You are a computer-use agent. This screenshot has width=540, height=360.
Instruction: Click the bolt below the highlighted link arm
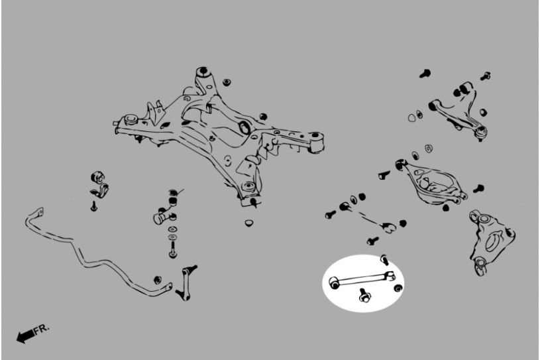[364, 296]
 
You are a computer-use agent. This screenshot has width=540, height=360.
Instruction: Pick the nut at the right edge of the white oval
[398, 288]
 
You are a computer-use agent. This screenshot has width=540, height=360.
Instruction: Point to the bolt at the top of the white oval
[385, 259]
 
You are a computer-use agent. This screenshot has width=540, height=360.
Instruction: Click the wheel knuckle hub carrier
[491, 242]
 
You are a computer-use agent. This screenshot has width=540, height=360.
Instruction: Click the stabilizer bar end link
[186, 283]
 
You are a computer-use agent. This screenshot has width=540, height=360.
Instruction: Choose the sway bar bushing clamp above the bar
[99, 184]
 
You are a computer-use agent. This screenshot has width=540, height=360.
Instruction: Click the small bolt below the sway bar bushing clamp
[93, 206]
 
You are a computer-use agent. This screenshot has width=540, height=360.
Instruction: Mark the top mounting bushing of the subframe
[203, 72]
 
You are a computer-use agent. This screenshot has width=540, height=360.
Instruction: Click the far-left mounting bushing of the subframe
[131, 119]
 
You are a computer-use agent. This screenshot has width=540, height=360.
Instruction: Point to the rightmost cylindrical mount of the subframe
[317, 143]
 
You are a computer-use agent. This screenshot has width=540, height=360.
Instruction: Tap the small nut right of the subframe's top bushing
[226, 83]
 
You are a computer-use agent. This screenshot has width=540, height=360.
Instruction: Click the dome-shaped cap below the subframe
[248, 223]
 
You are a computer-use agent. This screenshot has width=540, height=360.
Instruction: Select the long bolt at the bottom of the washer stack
[173, 249]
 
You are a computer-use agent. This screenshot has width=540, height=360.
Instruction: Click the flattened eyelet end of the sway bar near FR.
[39, 211]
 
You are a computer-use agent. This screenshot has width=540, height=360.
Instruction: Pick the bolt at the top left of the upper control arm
[425, 74]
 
